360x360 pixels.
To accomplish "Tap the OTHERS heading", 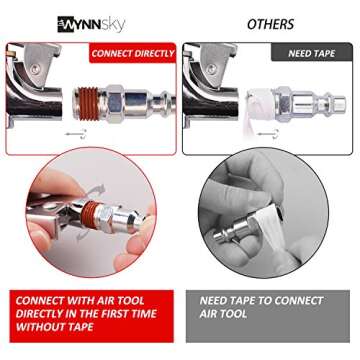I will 270,23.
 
